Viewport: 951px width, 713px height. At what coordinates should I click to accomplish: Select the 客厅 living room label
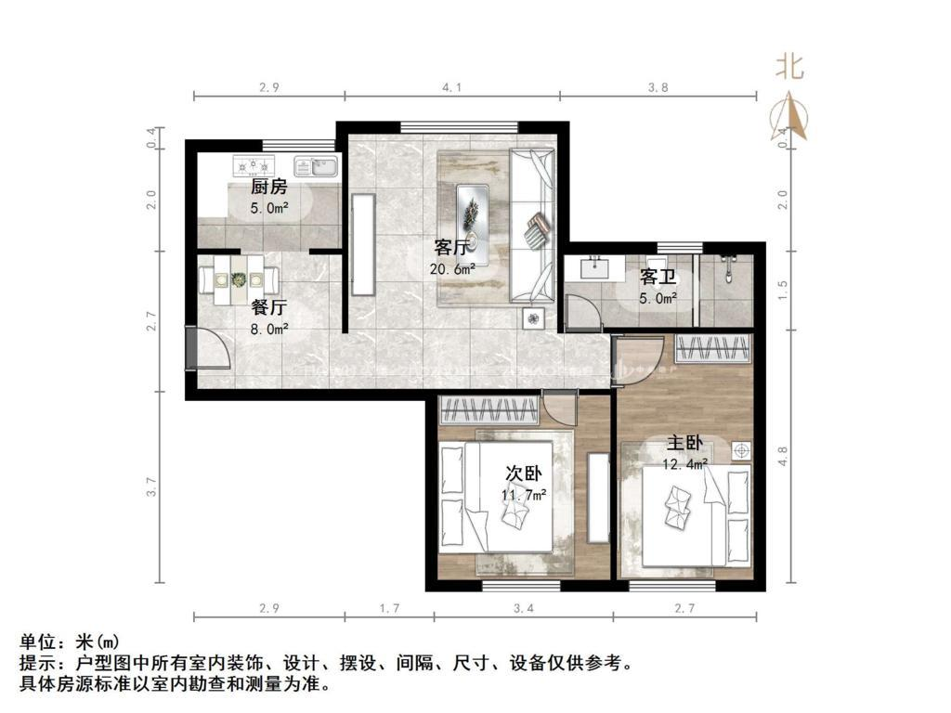(452, 248)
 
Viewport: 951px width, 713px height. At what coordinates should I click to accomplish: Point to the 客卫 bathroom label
(658, 278)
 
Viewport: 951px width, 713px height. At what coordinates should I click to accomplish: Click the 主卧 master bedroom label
(685, 443)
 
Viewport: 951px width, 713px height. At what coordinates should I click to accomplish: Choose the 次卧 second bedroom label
(522, 474)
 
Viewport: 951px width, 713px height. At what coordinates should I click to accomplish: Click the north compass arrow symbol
(789, 117)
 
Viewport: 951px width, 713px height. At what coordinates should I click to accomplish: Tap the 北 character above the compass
(790, 67)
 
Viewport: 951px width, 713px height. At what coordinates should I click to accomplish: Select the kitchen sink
(316, 166)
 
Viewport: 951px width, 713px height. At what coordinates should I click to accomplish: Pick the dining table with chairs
(240, 279)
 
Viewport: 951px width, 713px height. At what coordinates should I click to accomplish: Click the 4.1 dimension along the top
(451, 87)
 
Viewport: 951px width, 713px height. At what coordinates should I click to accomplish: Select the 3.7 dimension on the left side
(152, 486)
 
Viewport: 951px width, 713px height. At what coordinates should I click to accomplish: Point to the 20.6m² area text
(452, 268)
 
